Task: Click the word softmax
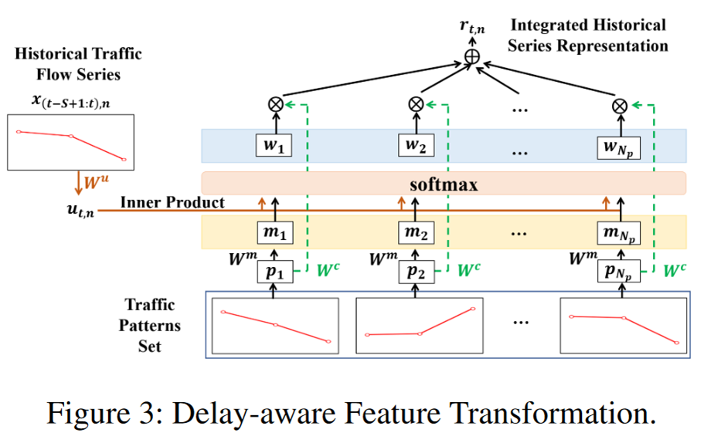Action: tap(443, 184)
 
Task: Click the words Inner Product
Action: tap(172, 202)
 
